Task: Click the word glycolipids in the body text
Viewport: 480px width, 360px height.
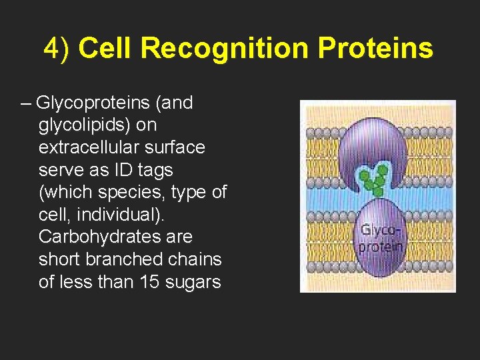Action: (87, 125)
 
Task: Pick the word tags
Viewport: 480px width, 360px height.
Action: (161, 170)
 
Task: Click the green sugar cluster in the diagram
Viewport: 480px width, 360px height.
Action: (373, 178)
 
